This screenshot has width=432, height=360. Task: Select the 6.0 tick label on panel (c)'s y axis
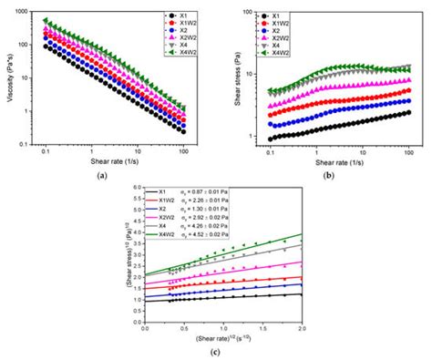point(136,188)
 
